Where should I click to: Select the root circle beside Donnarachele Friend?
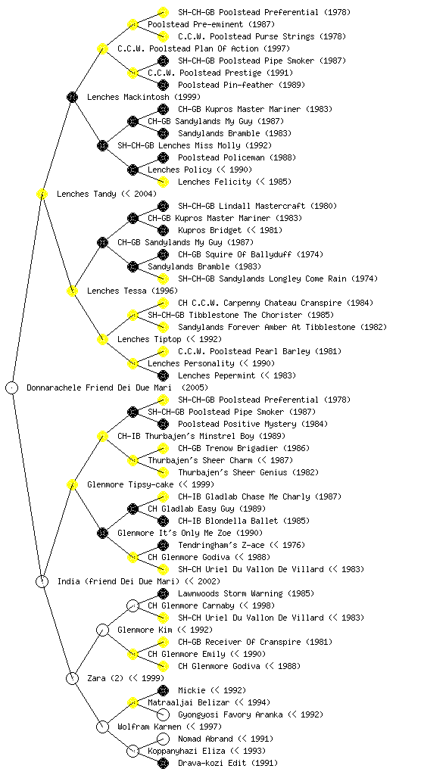[x=12, y=387]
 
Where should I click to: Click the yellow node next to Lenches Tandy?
[x=42, y=194]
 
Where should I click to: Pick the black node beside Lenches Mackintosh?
[x=72, y=97]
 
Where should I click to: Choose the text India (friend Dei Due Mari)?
[x=118, y=581]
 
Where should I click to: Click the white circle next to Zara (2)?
[x=72, y=678]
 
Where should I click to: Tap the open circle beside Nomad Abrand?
[x=163, y=739]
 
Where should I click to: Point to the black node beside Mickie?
[x=163, y=690]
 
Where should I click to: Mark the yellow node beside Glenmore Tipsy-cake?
[x=72, y=484]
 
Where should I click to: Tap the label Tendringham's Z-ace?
[x=221, y=545]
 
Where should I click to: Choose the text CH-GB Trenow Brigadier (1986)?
[x=244, y=448]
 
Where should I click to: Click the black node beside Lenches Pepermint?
[x=163, y=375]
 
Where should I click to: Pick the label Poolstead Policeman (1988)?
[x=237, y=157]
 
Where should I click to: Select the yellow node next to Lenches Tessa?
[x=72, y=291]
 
